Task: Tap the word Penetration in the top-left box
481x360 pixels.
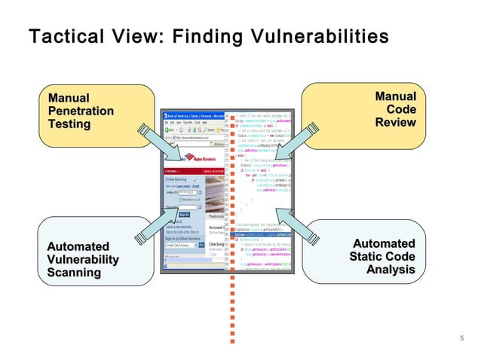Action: point(81,111)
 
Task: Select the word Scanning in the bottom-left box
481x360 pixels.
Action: point(74,273)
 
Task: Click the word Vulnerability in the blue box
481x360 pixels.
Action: point(83,260)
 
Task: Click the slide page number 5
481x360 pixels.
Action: point(461,339)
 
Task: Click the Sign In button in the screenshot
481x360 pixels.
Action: point(183,215)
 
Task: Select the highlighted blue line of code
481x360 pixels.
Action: point(264,235)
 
